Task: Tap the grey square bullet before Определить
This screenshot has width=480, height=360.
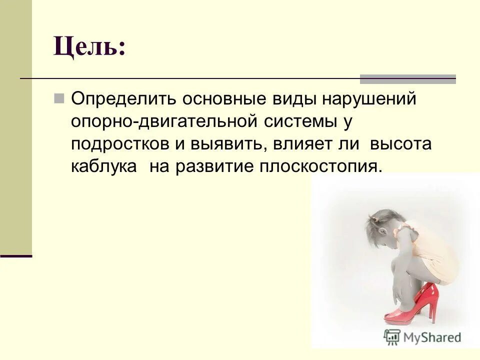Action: tap(59, 98)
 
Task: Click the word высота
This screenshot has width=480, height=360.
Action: tap(400, 144)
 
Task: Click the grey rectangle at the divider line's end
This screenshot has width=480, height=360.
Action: tap(408, 78)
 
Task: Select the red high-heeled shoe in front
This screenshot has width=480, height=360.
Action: tap(405, 312)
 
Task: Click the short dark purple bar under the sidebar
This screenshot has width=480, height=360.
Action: tap(16, 255)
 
